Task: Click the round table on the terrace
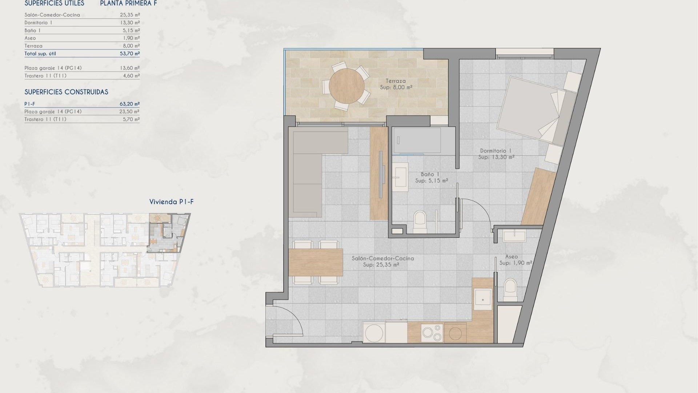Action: point(346,86)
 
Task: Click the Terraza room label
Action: point(396,81)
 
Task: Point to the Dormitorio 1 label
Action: point(496,151)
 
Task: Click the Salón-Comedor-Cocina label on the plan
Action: point(382,258)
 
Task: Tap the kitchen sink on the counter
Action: point(483,299)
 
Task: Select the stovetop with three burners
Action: point(432,333)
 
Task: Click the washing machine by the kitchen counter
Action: point(374,333)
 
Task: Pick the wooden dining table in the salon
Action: point(316,262)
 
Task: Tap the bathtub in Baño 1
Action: point(417,140)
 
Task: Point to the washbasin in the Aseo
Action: point(514,236)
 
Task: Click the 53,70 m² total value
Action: point(129,53)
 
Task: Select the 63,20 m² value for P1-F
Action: point(129,104)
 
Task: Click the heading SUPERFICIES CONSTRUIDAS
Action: point(66,92)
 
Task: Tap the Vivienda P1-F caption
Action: point(171,202)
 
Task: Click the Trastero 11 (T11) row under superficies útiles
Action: point(45,76)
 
